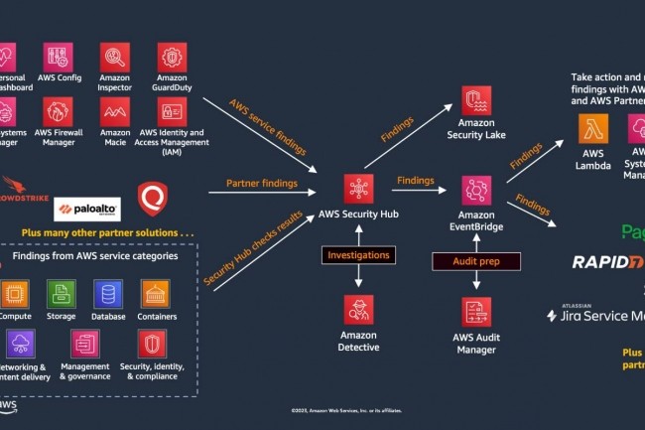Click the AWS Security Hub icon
click(358, 188)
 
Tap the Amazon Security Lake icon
click(475, 99)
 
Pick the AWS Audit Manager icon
click(475, 309)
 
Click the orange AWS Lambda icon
click(594, 129)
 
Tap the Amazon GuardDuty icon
click(172, 56)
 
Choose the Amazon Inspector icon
click(115, 56)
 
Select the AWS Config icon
click(58, 56)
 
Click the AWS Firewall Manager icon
click(58, 110)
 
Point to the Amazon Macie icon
click(115, 110)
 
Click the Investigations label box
click(358, 255)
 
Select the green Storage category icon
click(60, 293)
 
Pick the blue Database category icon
click(107, 293)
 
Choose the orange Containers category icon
click(156, 293)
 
